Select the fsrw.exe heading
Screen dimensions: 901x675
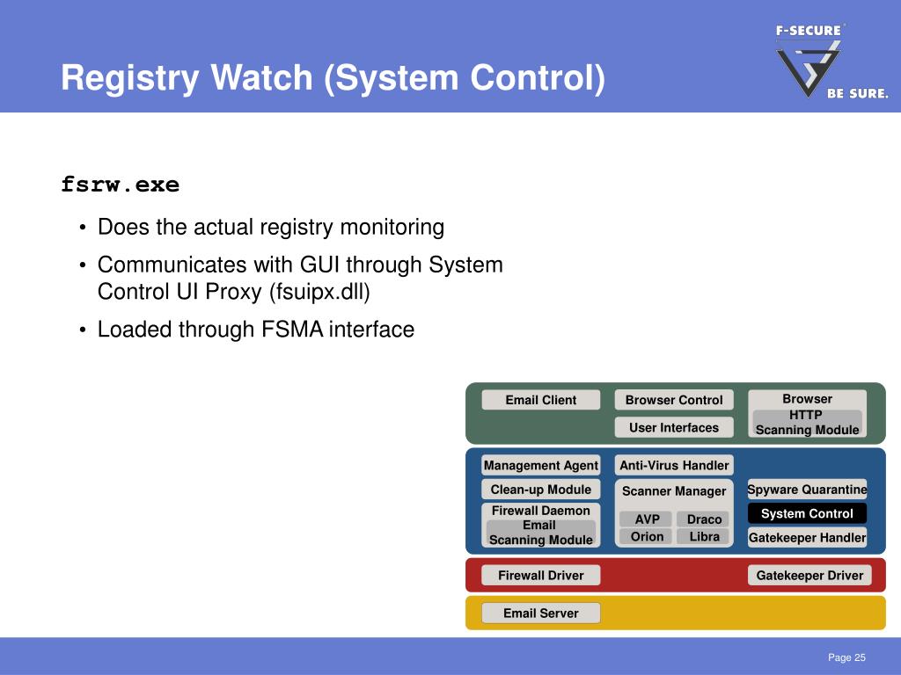pyautogui.click(x=120, y=185)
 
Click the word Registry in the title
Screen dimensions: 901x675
pyautogui.click(x=130, y=78)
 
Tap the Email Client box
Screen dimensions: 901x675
pyautogui.click(x=541, y=400)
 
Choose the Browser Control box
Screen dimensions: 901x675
pyautogui.click(x=674, y=400)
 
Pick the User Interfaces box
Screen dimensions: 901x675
pyautogui.click(x=674, y=428)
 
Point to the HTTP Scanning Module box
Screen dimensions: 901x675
pyautogui.click(x=808, y=423)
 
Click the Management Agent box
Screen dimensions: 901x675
pyautogui.click(x=541, y=466)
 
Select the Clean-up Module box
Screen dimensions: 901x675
pyautogui.click(x=541, y=490)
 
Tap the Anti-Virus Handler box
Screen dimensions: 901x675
pyautogui.click(x=674, y=466)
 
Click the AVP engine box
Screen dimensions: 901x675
pyautogui.click(x=646, y=519)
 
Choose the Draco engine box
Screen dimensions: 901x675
pyautogui.click(x=703, y=519)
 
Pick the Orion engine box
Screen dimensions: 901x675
pyautogui.click(x=646, y=537)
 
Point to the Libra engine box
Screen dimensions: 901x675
pyautogui.click(x=703, y=537)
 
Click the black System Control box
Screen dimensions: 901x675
pyautogui.click(x=808, y=513)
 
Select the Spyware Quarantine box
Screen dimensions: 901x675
pyautogui.click(x=808, y=490)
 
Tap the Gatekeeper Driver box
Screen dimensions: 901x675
pyautogui.click(x=809, y=575)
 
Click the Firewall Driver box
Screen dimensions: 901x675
pyautogui.click(x=541, y=575)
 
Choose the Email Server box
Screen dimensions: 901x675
pyautogui.click(x=541, y=613)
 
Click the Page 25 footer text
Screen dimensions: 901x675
pyautogui.click(x=846, y=657)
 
